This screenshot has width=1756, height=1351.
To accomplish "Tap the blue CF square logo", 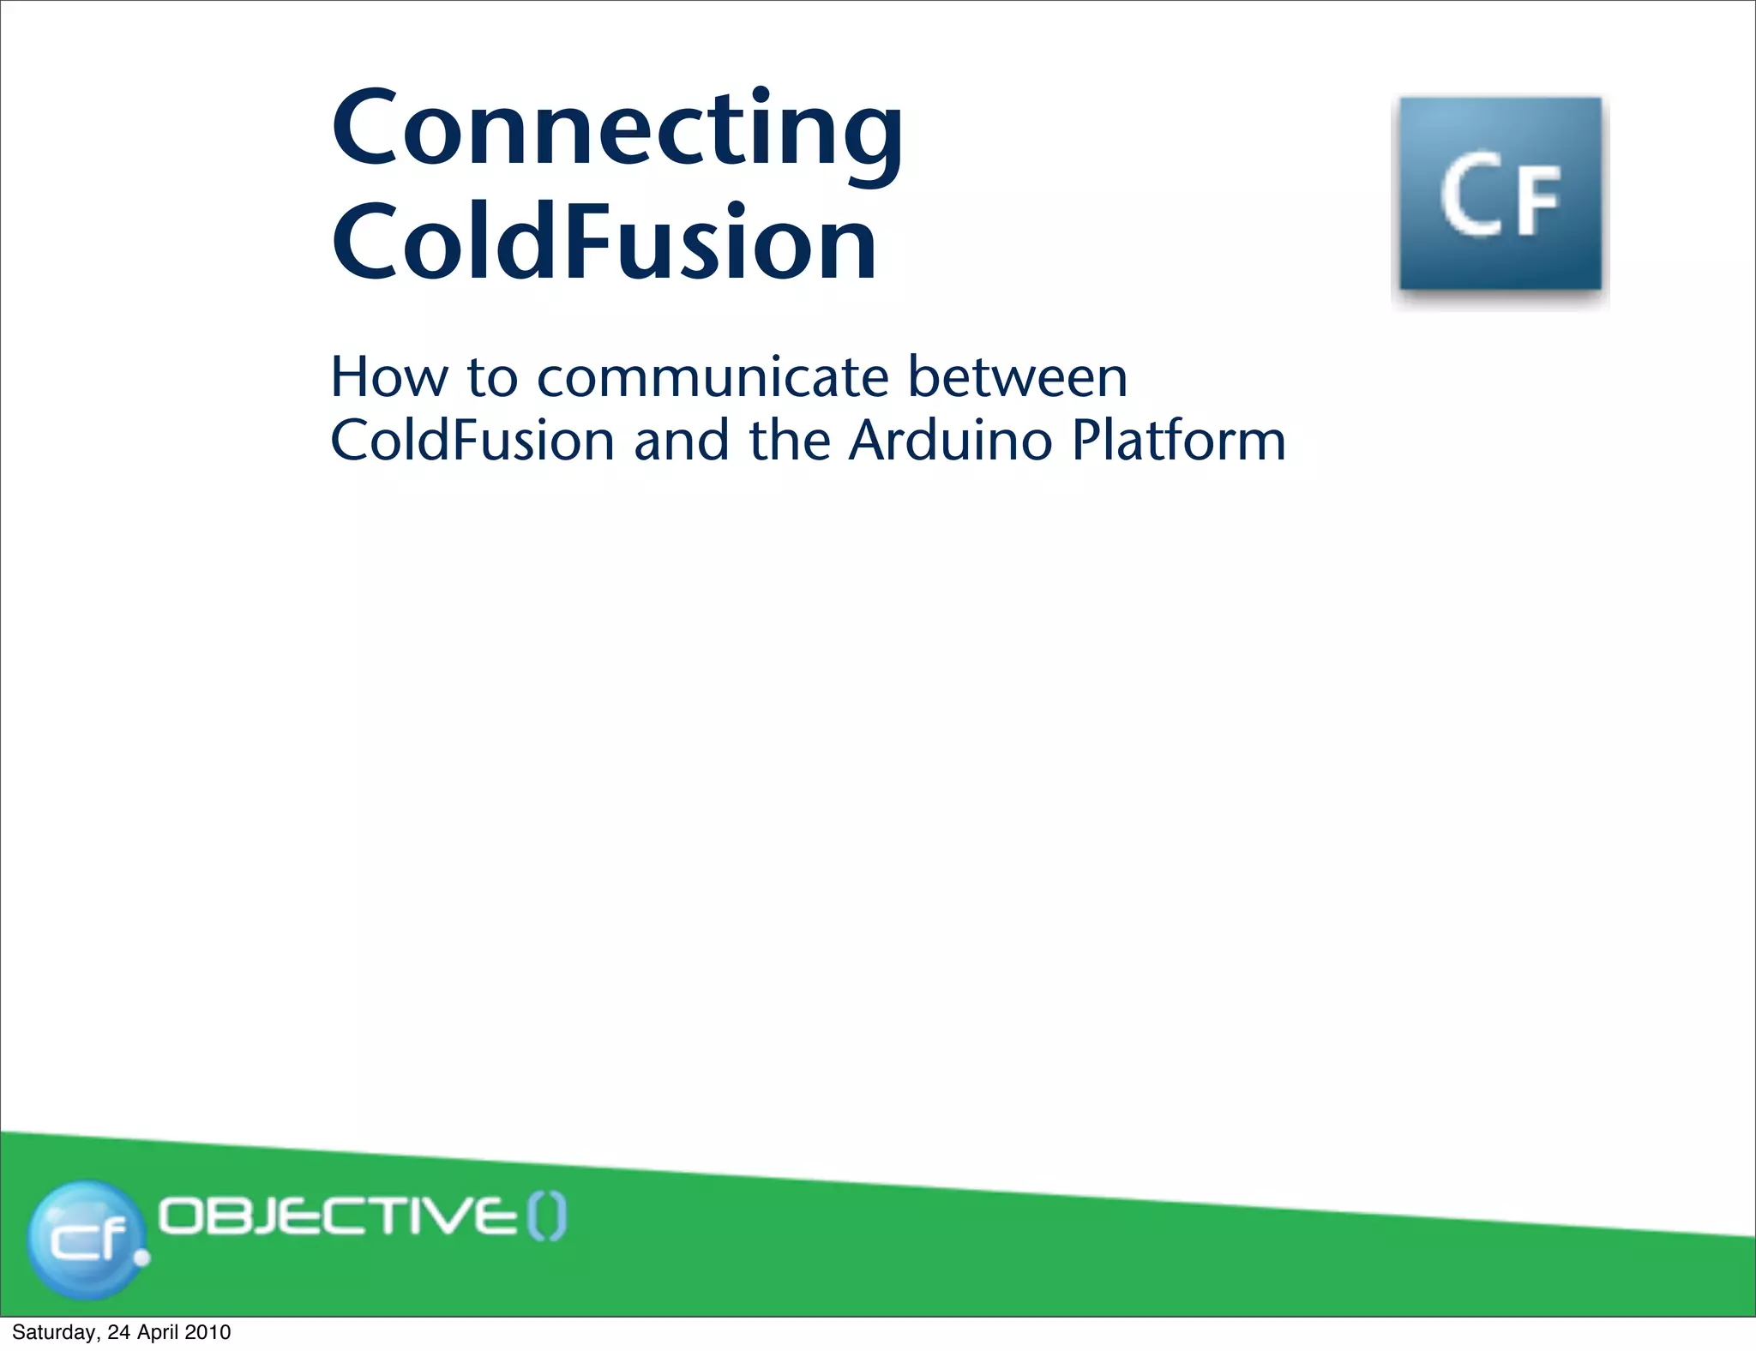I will [x=1500, y=195].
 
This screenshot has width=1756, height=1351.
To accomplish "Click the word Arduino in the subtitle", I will [x=950, y=441].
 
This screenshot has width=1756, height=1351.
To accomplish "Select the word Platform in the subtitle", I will [x=1179, y=441].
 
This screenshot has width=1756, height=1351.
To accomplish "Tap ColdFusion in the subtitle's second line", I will [x=472, y=441].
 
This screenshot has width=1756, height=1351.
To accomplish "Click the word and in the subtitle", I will [x=682, y=441].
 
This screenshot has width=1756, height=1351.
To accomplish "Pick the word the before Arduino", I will [x=790, y=441].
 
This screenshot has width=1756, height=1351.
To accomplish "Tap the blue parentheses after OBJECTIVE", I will [x=546, y=1217].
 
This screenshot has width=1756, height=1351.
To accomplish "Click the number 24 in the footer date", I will [x=117, y=1332].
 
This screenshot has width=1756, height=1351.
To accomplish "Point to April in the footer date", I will [x=156, y=1332].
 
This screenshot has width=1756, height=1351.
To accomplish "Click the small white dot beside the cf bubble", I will [x=142, y=1258].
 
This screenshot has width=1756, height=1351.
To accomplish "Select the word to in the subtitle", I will [x=492, y=378].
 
